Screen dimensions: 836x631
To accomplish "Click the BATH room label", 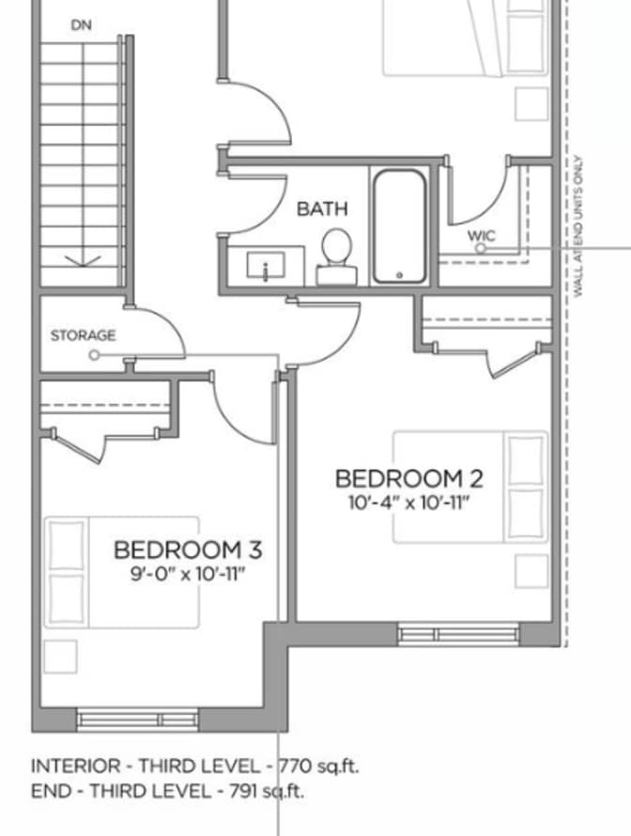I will click(x=322, y=209).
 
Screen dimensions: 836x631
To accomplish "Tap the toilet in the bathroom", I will click(x=335, y=254).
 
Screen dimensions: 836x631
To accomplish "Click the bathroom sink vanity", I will click(x=266, y=265).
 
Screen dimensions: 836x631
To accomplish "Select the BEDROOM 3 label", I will click(x=187, y=549).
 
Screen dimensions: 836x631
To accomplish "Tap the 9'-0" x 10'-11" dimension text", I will click(x=187, y=572).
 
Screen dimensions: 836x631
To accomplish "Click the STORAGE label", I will click(x=84, y=335).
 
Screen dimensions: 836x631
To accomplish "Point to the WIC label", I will click(x=481, y=235).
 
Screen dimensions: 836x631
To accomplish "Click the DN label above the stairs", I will click(x=82, y=25).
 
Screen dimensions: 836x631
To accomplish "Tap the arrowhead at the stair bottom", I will click(x=82, y=261).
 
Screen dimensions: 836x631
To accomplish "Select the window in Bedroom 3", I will click(x=138, y=720).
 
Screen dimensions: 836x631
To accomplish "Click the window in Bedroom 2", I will click(x=458, y=634).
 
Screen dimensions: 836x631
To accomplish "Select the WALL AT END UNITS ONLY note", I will click(x=578, y=226).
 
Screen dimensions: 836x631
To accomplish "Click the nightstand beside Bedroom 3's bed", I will click(x=60, y=656).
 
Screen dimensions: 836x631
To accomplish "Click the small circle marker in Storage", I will click(x=94, y=355).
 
